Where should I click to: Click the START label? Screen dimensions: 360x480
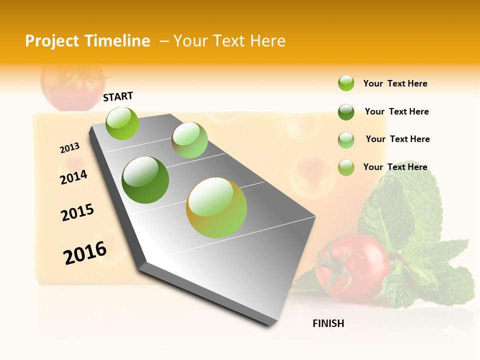118,96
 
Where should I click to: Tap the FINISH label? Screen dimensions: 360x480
328,323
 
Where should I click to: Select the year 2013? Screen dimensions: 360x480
69,148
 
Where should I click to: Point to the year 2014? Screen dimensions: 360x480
73,177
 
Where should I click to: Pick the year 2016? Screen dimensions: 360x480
85,252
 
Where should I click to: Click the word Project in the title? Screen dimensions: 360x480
52,41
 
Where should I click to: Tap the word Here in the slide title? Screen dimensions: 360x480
267,41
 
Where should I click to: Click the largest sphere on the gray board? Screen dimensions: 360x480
216,207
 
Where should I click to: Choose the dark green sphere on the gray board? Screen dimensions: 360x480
145,180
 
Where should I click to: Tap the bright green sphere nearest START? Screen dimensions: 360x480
122,123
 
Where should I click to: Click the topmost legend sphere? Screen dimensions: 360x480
346,83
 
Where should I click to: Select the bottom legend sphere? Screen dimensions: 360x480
346,167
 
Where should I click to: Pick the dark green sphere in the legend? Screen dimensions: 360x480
346,112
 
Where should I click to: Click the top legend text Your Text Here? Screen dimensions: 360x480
395,83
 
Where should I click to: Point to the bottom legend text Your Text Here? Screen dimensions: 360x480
395,167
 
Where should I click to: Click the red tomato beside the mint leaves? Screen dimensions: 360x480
352,266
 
